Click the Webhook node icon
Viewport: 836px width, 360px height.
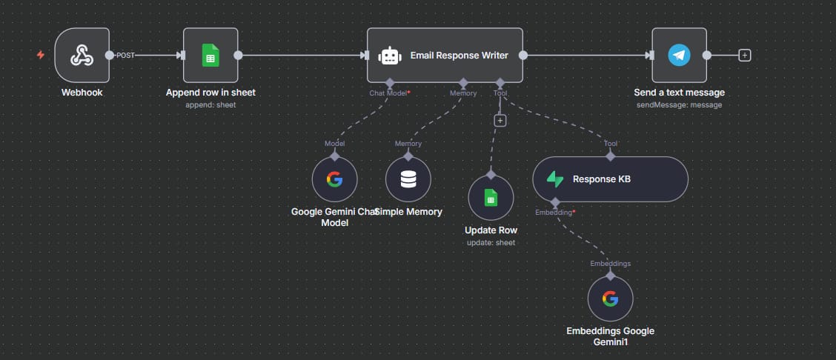pyautogui.click(x=82, y=55)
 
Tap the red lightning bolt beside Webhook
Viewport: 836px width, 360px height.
pyautogui.click(x=41, y=55)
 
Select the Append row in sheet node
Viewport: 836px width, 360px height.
pyautogui.click(x=210, y=55)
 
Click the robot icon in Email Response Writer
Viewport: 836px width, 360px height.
pyautogui.click(x=390, y=56)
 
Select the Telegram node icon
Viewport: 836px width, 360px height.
pyautogui.click(x=679, y=55)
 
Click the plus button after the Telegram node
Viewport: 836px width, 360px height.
pyautogui.click(x=745, y=55)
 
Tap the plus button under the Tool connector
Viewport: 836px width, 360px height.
pyautogui.click(x=500, y=120)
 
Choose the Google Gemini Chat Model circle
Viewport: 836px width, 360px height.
pyautogui.click(x=334, y=179)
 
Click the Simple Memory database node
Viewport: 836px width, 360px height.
pyautogui.click(x=408, y=179)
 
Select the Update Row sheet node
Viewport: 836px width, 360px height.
pyautogui.click(x=491, y=197)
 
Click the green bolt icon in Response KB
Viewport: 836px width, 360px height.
pyautogui.click(x=555, y=179)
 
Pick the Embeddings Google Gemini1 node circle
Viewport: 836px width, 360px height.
pyautogui.click(x=610, y=299)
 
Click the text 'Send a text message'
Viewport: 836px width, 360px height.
pyautogui.click(x=679, y=93)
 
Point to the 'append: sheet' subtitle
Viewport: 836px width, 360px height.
pyautogui.click(x=210, y=104)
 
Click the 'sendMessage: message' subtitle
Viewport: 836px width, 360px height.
pyautogui.click(x=679, y=104)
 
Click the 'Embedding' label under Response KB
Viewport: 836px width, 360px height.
pyautogui.click(x=553, y=213)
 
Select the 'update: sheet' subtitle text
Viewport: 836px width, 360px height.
pyautogui.click(x=491, y=242)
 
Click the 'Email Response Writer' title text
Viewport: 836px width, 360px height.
pyautogui.click(x=460, y=56)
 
